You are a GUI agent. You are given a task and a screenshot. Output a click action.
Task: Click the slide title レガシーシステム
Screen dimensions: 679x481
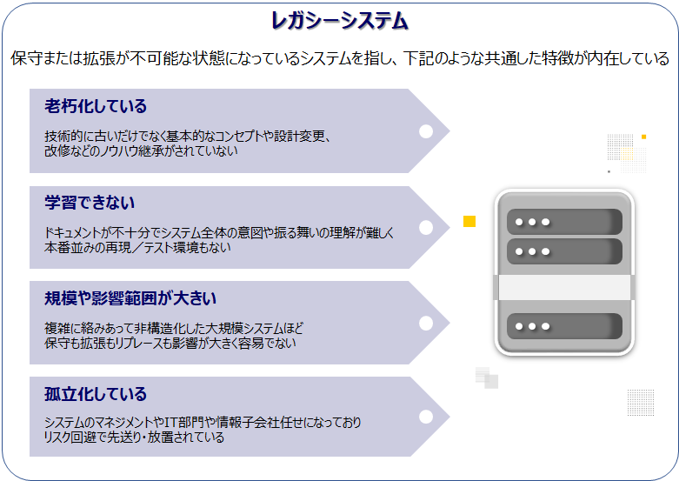pos(340,21)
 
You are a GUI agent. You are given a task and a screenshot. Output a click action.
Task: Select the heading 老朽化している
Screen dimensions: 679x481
pos(96,106)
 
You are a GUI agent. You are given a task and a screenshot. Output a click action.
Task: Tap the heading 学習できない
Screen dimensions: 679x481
pos(90,203)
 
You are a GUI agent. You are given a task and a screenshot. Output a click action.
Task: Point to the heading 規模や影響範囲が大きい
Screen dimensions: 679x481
pos(130,298)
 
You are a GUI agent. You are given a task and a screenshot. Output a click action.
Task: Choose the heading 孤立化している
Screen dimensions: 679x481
pos(96,394)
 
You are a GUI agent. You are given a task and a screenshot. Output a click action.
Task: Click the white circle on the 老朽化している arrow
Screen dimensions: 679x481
pos(426,131)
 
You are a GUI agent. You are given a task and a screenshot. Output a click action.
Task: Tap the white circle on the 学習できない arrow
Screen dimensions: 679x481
pos(426,228)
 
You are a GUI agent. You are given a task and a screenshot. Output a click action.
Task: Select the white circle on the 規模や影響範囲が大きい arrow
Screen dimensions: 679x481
pos(426,324)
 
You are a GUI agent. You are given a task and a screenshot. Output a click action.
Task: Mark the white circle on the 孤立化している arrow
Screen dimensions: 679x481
pos(426,417)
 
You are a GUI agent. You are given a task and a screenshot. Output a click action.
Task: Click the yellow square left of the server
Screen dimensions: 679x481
pos(469,221)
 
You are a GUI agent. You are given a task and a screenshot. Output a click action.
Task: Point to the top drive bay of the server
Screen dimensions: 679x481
pos(564,222)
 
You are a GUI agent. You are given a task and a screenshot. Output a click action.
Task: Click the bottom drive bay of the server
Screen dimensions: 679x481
pos(564,326)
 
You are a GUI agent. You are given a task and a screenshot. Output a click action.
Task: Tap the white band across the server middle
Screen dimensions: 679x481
pos(564,287)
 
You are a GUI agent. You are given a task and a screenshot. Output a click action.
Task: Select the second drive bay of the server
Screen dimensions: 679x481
pos(564,251)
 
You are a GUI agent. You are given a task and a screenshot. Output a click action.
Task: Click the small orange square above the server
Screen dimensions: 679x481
pos(644,137)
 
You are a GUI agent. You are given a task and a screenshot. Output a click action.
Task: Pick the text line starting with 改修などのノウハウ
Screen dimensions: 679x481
pos(141,150)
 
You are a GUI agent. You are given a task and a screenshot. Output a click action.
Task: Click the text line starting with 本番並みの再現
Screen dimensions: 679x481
pos(137,247)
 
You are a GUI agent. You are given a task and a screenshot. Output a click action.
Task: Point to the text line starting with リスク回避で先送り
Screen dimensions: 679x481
pos(134,437)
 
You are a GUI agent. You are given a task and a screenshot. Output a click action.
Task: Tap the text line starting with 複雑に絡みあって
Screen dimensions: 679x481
pos(174,328)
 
